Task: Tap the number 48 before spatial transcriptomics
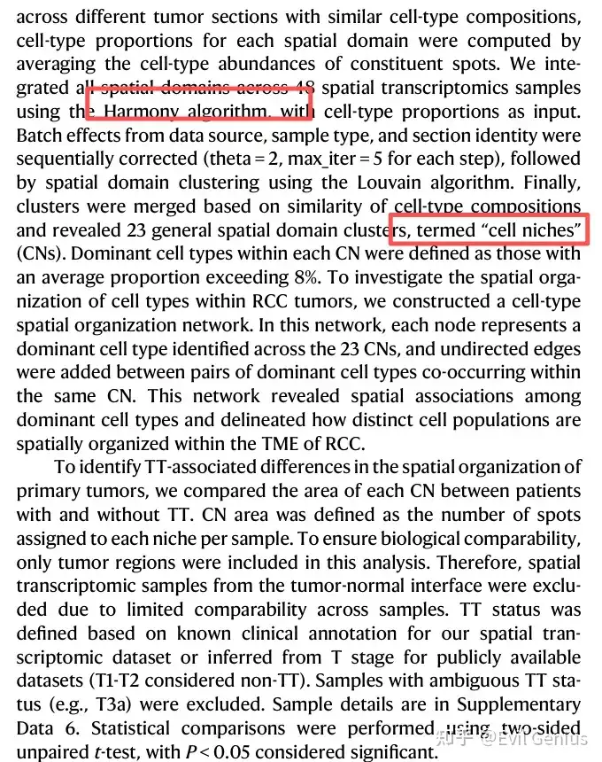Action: click(x=305, y=89)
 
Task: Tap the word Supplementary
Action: click(x=513, y=705)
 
